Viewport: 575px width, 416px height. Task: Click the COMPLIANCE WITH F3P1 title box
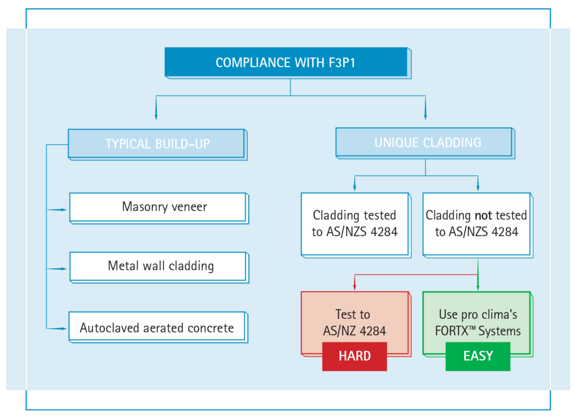click(286, 62)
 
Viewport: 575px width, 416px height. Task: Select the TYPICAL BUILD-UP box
click(157, 144)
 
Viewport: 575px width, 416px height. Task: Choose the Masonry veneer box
click(158, 207)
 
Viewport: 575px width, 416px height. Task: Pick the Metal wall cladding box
click(158, 266)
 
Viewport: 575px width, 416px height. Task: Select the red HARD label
click(354, 356)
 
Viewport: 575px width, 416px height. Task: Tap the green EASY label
click(478, 356)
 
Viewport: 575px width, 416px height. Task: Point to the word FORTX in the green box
click(453, 331)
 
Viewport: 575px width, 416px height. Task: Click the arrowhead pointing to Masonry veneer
click(63, 209)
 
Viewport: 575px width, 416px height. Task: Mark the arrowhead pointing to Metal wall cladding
click(63, 269)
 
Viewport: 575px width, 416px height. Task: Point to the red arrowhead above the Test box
click(354, 287)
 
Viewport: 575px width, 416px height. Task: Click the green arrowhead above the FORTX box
click(478, 287)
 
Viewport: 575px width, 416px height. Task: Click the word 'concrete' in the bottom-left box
click(208, 328)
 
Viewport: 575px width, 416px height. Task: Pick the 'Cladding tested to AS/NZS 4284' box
click(355, 223)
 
